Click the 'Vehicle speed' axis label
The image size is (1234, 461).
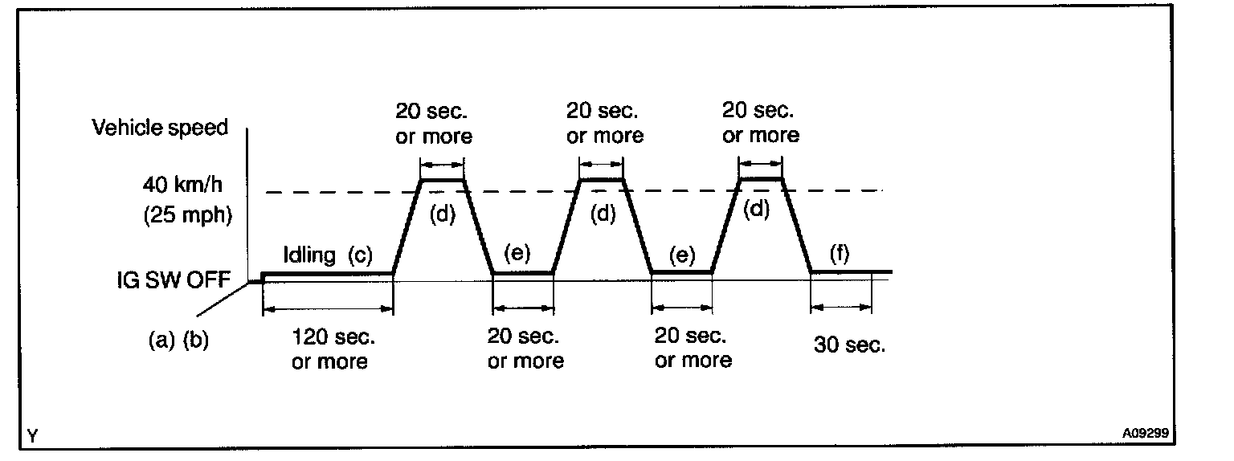coord(160,128)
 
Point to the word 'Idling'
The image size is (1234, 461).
coord(309,255)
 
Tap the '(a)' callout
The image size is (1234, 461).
coord(162,340)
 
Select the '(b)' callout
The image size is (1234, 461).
coord(196,340)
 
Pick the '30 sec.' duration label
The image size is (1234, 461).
coord(849,346)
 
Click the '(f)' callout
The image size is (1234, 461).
coord(839,255)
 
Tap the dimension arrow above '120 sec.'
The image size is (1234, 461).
coord(328,308)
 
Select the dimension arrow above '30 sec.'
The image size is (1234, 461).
coord(841,306)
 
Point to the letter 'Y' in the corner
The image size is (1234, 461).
coord(32,436)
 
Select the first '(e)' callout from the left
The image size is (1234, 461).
coord(517,255)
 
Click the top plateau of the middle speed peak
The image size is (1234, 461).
coord(601,180)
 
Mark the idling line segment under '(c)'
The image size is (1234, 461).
coord(328,273)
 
